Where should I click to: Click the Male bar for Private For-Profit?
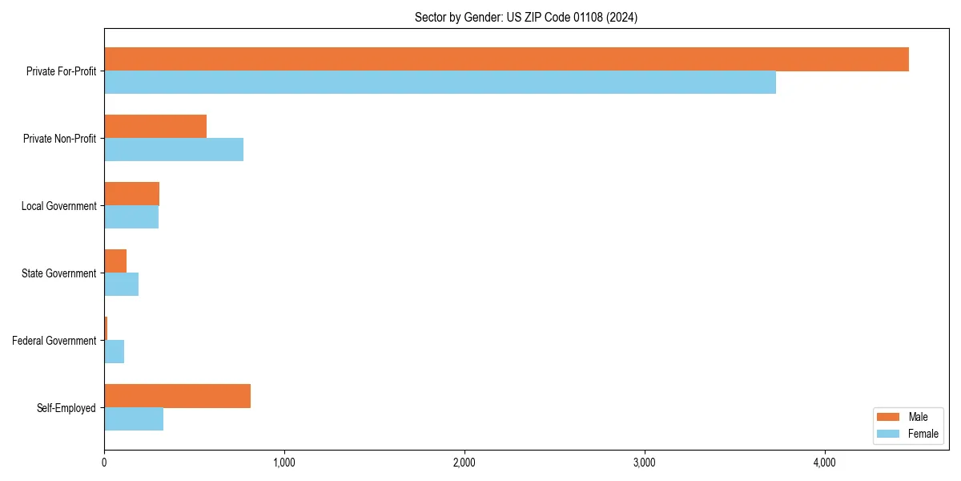coord(506,59)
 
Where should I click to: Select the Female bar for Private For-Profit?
coord(440,83)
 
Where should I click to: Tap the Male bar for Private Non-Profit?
coord(155,127)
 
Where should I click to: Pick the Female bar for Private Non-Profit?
coord(174,150)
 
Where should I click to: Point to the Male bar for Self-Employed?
coord(177,396)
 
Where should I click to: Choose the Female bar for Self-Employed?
coord(134,419)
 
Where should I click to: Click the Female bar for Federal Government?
coord(115,352)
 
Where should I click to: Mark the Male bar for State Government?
coord(115,261)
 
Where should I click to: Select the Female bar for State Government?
coord(122,285)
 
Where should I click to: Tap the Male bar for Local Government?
coord(132,194)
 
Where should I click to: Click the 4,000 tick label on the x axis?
coord(825,463)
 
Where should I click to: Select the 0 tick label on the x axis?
coord(104,463)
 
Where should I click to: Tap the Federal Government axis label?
coord(54,341)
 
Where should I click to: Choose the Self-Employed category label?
coord(66,408)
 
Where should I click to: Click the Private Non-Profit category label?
coord(59,139)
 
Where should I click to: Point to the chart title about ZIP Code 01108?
coord(526,18)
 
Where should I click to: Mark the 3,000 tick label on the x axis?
coord(645,463)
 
